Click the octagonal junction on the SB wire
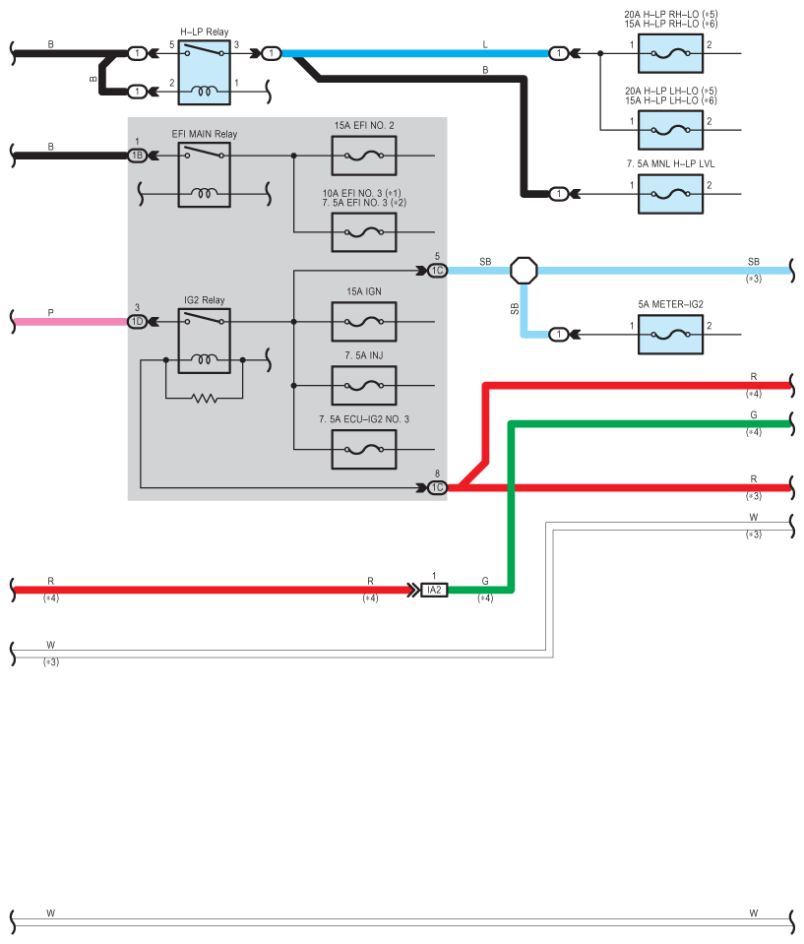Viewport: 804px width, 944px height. click(x=524, y=271)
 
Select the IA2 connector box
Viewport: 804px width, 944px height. click(x=434, y=590)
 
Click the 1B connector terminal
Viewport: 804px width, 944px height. click(x=137, y=156)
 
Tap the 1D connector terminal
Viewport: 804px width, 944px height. click(x=137, y=322)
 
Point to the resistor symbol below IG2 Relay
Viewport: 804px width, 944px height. click(x=205, y=398)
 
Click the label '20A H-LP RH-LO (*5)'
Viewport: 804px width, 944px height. click(x=670, y=15)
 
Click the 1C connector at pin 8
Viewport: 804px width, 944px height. click(x=438, y=487)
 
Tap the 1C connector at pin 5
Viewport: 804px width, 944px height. click(x=438, y=271)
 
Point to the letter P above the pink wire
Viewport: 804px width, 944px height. click(x=50, y=312)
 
